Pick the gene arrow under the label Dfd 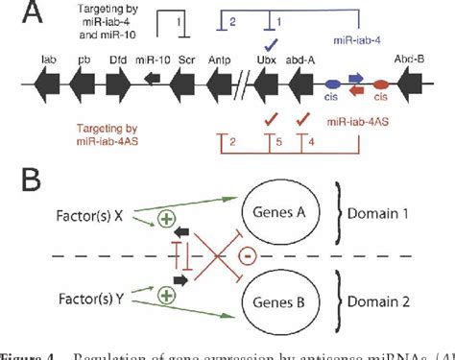[117, 83]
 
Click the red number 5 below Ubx [278, 143]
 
